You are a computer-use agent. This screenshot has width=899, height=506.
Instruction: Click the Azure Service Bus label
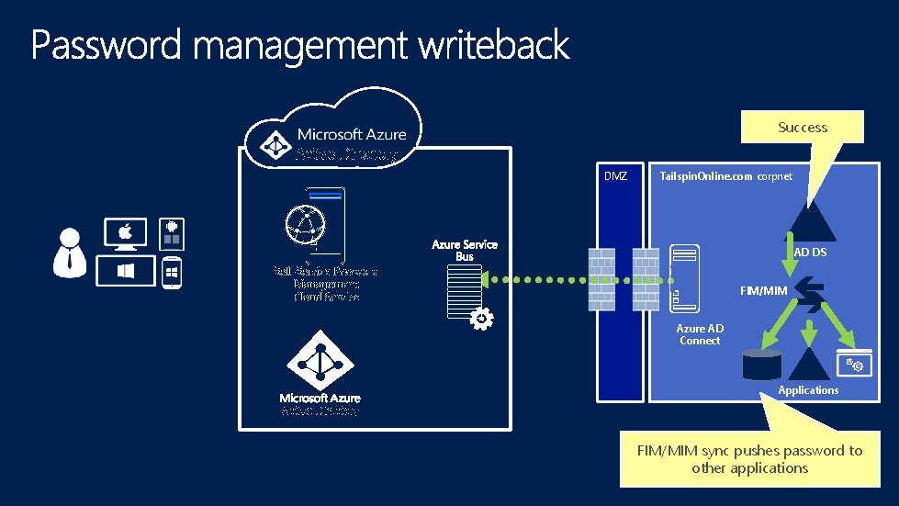[465, 250]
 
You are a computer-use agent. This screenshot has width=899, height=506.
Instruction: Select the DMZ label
[615, 175]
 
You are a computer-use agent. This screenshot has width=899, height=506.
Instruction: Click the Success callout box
[803, 128]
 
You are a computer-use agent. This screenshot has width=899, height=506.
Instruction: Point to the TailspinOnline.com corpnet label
[725, 175]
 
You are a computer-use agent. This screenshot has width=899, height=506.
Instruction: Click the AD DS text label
[810, 252]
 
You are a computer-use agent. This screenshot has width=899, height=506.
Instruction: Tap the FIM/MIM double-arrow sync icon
[810, 295]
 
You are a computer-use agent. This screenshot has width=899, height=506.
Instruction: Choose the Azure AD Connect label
[700, 334]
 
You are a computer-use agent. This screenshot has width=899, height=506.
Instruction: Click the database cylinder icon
[762, 365]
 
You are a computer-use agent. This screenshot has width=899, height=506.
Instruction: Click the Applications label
[808, 390]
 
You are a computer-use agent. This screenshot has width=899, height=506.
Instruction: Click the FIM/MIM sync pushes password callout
[749, 458]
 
